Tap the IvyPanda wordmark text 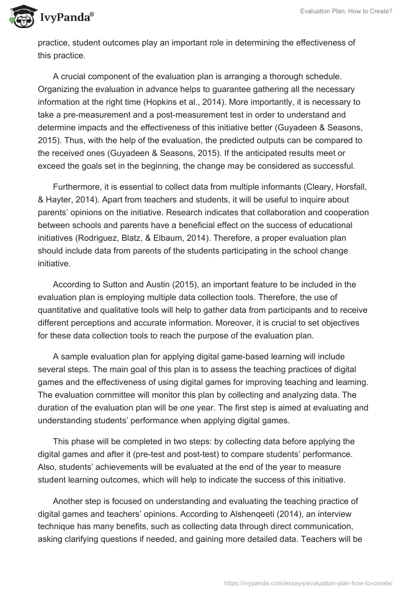click(66, 17)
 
